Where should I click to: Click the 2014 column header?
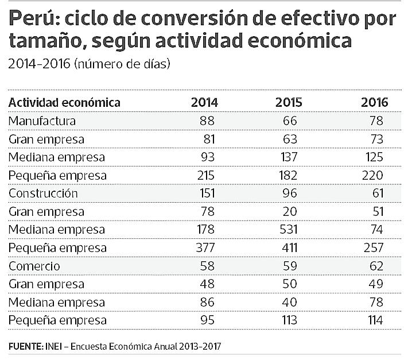click(204, 103)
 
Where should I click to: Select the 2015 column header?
click(289, 103)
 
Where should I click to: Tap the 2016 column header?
click(375, 103)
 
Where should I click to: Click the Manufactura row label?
click(42, 121)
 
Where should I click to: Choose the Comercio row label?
click(34, 266)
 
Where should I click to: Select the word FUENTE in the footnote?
click(23, 346)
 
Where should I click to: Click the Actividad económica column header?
click(64, 103)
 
